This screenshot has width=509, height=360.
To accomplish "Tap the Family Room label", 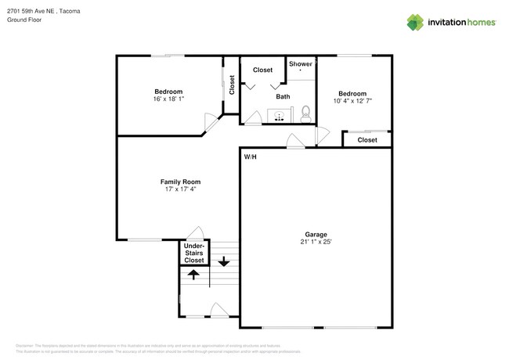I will click(x=175, y=182).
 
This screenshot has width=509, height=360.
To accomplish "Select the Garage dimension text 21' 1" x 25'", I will click(x=316, y=243).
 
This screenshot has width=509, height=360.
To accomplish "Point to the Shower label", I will click(x=301, y=64).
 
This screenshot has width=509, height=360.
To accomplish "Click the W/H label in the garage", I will click(x=250, y=157).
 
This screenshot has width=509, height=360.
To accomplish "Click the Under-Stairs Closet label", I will click(x=193, y=253).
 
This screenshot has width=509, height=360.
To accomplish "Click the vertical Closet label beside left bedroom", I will click(x=231, y=86).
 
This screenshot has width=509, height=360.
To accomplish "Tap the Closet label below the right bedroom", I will click(x=367, y=140).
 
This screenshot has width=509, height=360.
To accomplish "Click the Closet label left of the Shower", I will click(x=262, y=70).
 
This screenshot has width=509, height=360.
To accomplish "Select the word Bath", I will click(x=283, y=97).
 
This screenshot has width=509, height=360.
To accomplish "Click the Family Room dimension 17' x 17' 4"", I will click(x=175, y=189).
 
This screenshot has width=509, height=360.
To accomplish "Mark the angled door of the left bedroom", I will click(x=210, y=121).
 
